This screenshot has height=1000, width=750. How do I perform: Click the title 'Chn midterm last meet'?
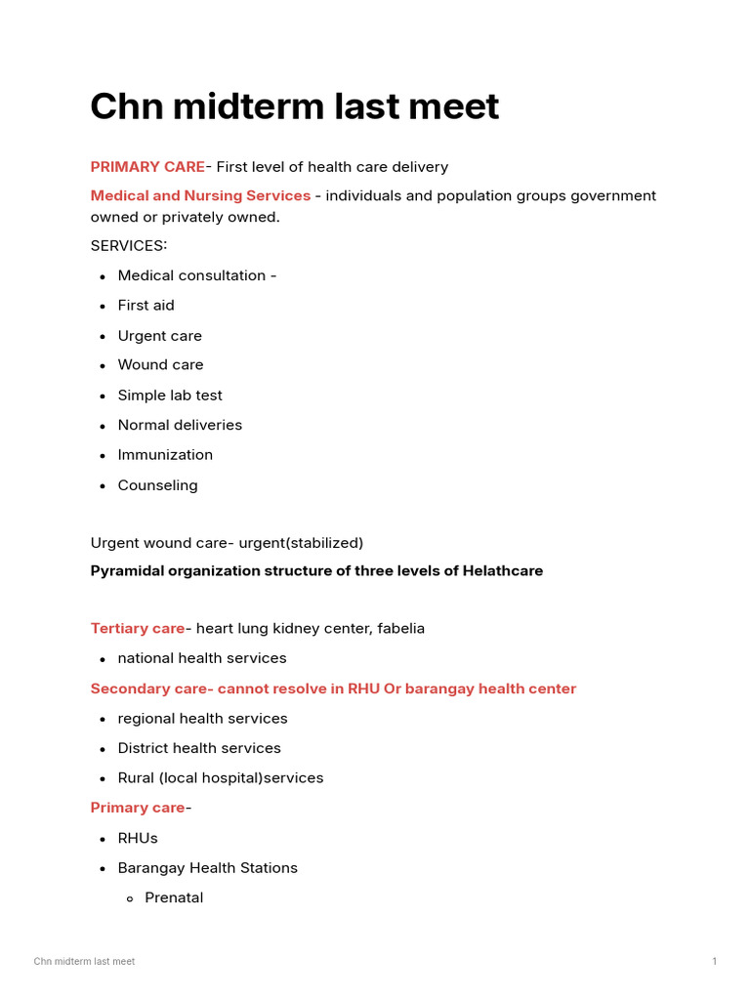tap(294, 106)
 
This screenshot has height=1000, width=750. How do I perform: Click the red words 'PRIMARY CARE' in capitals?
tap(147, 167)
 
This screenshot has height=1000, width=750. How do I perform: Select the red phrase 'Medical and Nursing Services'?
tap(200, 195)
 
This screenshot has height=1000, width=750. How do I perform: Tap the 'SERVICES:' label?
tap(129, 245)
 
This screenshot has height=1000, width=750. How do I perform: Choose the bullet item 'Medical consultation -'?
tap(196, 275)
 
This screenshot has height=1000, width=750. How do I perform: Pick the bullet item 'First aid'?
tap(146, 306)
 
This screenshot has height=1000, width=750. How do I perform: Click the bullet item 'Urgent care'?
tap(159, 336)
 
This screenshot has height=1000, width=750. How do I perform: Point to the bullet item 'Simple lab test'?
tap(170, 396)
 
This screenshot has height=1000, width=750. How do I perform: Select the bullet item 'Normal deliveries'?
tap(180, 425)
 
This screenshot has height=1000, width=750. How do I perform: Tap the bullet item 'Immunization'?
tap(165, 455)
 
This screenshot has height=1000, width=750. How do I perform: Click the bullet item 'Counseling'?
tap(157, 485)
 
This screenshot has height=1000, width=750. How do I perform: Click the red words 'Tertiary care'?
tap(137, 628)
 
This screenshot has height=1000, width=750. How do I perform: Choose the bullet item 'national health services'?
tap(202, 658)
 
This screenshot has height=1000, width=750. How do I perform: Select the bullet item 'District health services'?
tap(199, 748)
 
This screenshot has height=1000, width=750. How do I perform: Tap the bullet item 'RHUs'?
tap(138, 838)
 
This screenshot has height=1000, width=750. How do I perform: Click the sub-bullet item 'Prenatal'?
tap(174, 897)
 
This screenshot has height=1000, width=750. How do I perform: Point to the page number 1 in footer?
tap(714, 962)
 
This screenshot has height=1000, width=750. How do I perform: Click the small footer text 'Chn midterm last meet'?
tap(84, 962)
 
